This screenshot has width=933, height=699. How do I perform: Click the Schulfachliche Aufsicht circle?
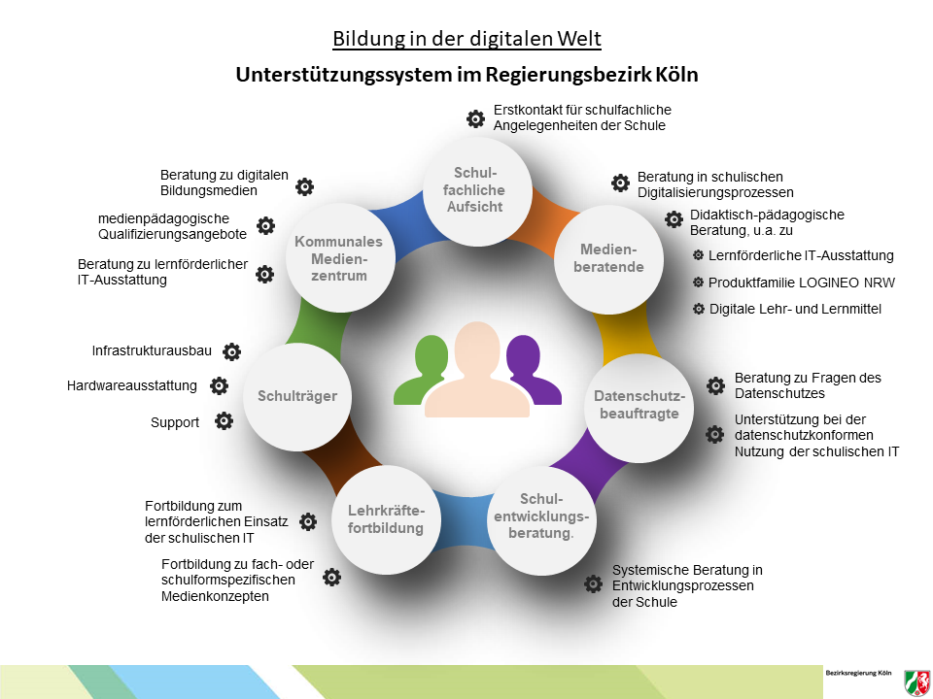(477, 191)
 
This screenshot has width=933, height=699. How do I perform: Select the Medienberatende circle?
(608, 259)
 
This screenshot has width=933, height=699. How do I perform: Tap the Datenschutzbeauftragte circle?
(639, 408)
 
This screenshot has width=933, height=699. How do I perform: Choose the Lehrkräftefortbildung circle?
(386, 519)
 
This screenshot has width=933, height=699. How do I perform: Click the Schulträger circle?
(297, 396)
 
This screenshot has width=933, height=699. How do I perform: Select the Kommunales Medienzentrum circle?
(340, 257)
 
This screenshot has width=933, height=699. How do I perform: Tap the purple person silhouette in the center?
(531, 370)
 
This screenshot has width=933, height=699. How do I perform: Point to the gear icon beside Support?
(224, 421)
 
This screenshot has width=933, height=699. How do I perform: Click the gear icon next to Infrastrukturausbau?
(231, 351)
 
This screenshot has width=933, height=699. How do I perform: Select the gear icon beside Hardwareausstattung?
(219, 385)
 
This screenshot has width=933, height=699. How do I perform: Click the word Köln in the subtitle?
(676, 75)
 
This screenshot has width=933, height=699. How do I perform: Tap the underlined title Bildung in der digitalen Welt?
(467, 39)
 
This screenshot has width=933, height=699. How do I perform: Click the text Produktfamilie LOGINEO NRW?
(802, 283)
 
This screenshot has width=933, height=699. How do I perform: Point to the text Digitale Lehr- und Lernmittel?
(795, 309)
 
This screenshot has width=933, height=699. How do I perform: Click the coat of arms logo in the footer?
(916, 682)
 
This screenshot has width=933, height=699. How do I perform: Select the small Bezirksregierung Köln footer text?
(858, 673)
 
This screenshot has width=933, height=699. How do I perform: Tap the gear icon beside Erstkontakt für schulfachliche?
(475, 118)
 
